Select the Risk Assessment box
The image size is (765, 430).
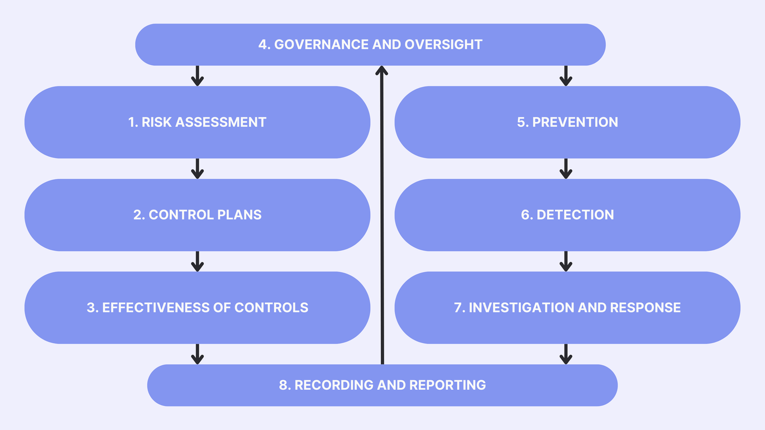pyautogui.click(x=197, y=122)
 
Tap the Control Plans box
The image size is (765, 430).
pyautogui.click(x=197, y=215)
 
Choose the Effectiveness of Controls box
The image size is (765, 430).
pyautogui.click(x=197, y=308)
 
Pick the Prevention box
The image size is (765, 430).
pyautogui.click(x=567, y=122)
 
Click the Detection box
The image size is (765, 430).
pyautogui.click(x=567, y=215)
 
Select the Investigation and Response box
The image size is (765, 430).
pyautogui.click(x=567, y=308)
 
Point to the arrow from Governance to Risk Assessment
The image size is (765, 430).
pyautogui.click(x=197, y=76)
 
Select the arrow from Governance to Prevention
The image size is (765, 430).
pyautogui.click(x=566, y=76)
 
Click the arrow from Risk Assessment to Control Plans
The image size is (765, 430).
pyautogui.click(x=197, y=169)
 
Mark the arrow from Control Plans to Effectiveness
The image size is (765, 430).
pyautogui.click(x=197, y=261)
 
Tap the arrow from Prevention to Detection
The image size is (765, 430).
pyautogui.click(x=566, y=169)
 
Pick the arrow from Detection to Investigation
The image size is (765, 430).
pyautogui.click(x=566, y=261)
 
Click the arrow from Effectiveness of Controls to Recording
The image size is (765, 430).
pyautogui.click(x=197, y=354)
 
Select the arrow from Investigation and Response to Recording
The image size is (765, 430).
pyautogui.click(x=566, y=354)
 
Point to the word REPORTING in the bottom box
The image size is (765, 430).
pyautogui.click(x=447, y=385)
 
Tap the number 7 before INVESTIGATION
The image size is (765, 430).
pyautogui.click(x=458, y=308)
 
